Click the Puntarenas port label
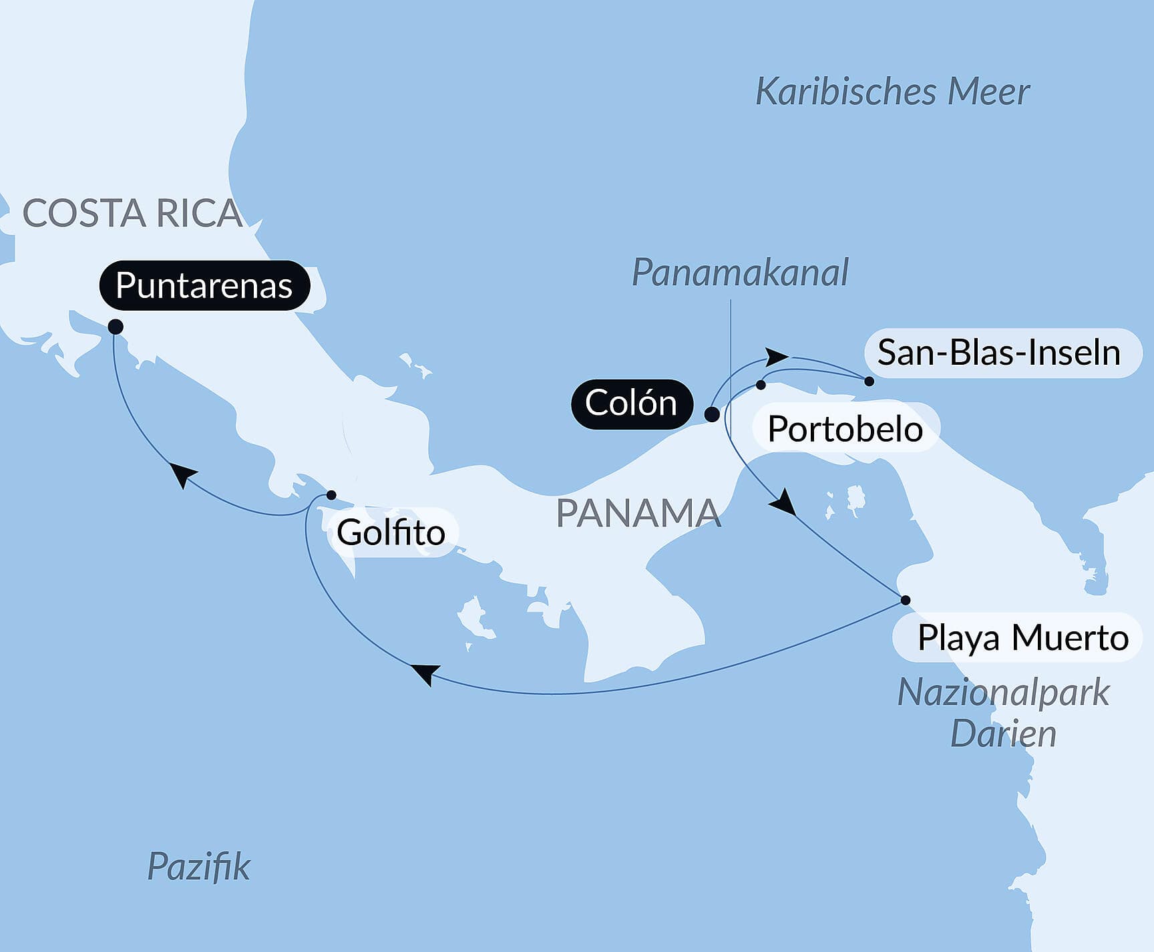[204, 286]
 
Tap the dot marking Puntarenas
[116, 327]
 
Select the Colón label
[631, 404]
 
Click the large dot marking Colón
[713, 414]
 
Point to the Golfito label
[391, 532]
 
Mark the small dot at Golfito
[331, 495]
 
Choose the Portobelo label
[845, 428]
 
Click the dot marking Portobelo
[761, 385]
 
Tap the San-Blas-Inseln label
[998, 352]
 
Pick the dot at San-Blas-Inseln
[869, 381]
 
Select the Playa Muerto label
[1022, 637]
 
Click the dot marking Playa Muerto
[906, 600]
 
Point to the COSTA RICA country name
[132, 214]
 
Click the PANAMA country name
[638, 513]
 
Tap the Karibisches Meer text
[892, 92]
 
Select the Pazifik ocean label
[198, 866]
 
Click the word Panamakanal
[740, 273]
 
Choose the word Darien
[1003, 734]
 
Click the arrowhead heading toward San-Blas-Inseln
[776, 357]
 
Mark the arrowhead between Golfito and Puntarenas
[182, 474]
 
